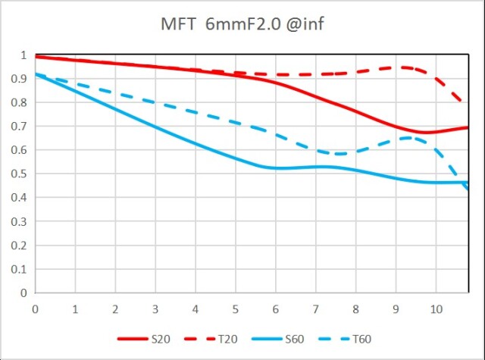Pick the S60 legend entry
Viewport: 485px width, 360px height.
tap(296, 339)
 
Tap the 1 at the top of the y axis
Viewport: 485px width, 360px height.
tap(23, 55)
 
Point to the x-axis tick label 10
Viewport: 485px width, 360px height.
tap(436, 308)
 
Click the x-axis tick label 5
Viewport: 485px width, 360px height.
tap(236, 308)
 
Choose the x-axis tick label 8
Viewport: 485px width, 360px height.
tap(355, 308)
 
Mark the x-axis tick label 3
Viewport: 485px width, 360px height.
tap(155, 308)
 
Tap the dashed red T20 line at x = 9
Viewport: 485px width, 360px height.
tap(396, 67)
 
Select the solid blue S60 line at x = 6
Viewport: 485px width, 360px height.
tap(276, 167)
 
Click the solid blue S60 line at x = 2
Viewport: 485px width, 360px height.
tap(115, 108)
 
